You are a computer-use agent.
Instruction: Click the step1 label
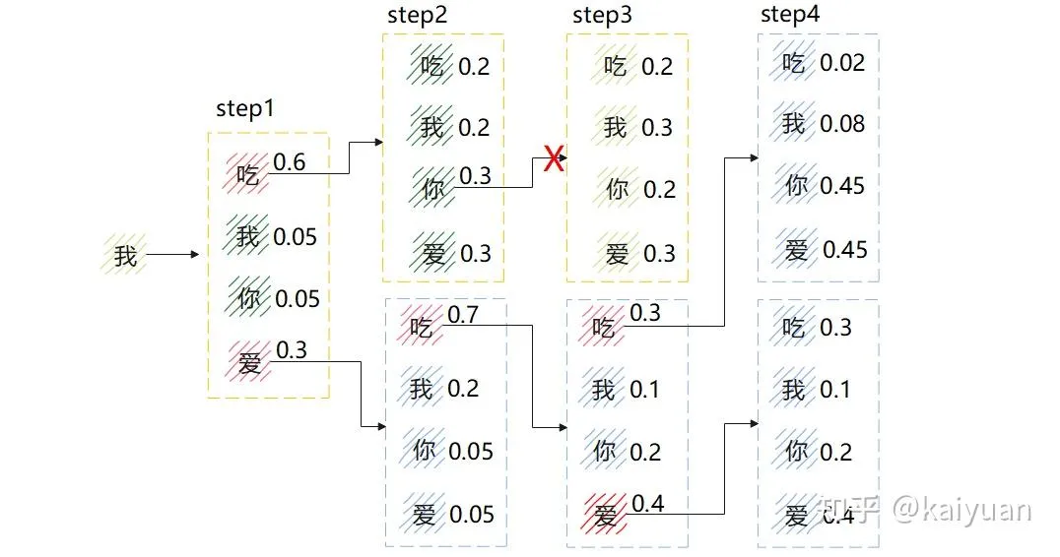click(245, 108)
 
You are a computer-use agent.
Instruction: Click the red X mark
click(554, 159)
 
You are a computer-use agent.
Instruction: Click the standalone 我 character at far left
click(125, 256)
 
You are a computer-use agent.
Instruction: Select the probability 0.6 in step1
click(289, 162)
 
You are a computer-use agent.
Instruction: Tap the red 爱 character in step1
click(249, 363)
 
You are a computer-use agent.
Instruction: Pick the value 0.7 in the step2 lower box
click(463, 315)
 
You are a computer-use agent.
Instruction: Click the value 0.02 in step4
click(843, 63)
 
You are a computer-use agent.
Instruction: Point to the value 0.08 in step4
click(843, 124)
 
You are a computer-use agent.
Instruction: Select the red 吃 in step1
click(247, 175)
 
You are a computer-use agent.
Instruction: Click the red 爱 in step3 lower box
click(606, 515)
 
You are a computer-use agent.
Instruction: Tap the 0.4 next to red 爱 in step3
click(647, 504)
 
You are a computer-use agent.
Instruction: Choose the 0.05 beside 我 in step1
click(296, 237)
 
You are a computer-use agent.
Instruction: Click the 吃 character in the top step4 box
click(793, 64)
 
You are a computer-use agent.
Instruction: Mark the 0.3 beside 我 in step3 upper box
click(657, 128)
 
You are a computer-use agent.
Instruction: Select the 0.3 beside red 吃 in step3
click(645, 313)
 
